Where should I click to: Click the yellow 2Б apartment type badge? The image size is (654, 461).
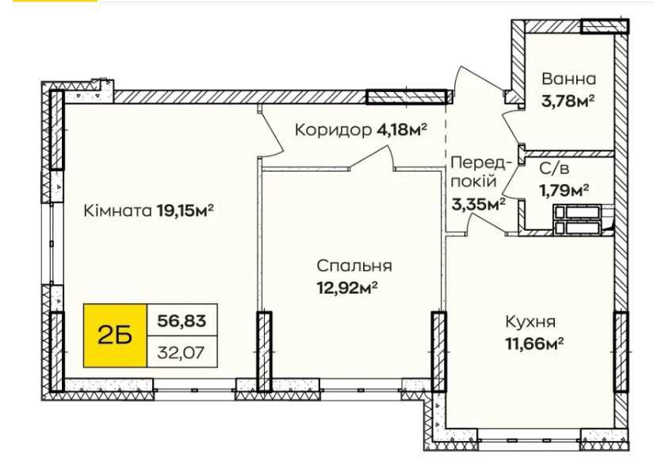[x=114, y=334]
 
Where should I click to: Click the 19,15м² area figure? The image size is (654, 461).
[x=187, y=211]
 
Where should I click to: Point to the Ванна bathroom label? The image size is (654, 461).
[x=568, y=79]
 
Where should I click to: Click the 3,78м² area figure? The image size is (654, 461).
[x=568, y=101]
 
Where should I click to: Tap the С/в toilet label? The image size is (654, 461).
[x=553, y=168]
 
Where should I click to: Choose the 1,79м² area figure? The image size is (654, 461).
[x=564, y=189]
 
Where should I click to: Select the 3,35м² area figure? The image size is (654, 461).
[x=480, y=204]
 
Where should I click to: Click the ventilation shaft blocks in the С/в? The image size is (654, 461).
[x=578, y=220]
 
